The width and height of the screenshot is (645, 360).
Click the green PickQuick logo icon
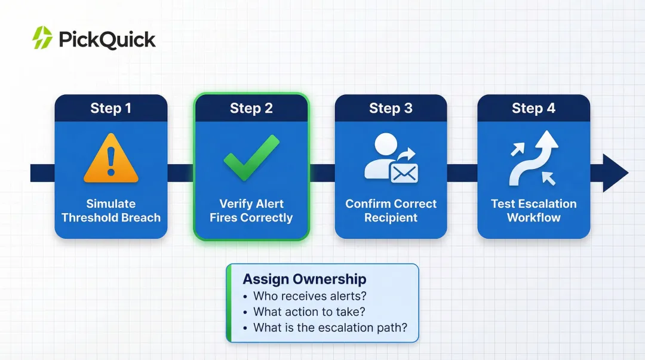click(x=42, y=38)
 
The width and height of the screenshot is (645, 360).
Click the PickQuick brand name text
click(x=107, y=39)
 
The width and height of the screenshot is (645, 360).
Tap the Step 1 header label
click(x=111, y=108)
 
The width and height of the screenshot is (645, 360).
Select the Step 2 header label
click(x=251, y=108)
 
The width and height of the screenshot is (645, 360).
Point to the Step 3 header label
click(x=391, y=108)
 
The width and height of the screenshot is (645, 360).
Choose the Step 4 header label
click(x=533, y=108)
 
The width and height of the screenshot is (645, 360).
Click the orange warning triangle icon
click(x=111, y=158)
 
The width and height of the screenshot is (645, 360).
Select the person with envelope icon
click(x=391, y=158)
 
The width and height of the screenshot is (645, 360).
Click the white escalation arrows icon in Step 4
click(x=534, y=158)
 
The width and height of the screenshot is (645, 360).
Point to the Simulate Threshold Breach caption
click(x=111, y=211)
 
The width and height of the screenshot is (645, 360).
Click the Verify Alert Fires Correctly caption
click(x=251, y=211)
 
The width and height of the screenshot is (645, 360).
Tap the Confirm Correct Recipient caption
click(x=391, y=211)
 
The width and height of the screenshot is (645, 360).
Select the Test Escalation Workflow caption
click(x=533, y=211)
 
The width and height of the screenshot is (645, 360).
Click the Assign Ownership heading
click(x=305, y=279)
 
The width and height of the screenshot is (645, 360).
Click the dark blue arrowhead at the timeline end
click(x=614, y=173)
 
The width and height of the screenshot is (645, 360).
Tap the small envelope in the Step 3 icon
click(x=404, y=173)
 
